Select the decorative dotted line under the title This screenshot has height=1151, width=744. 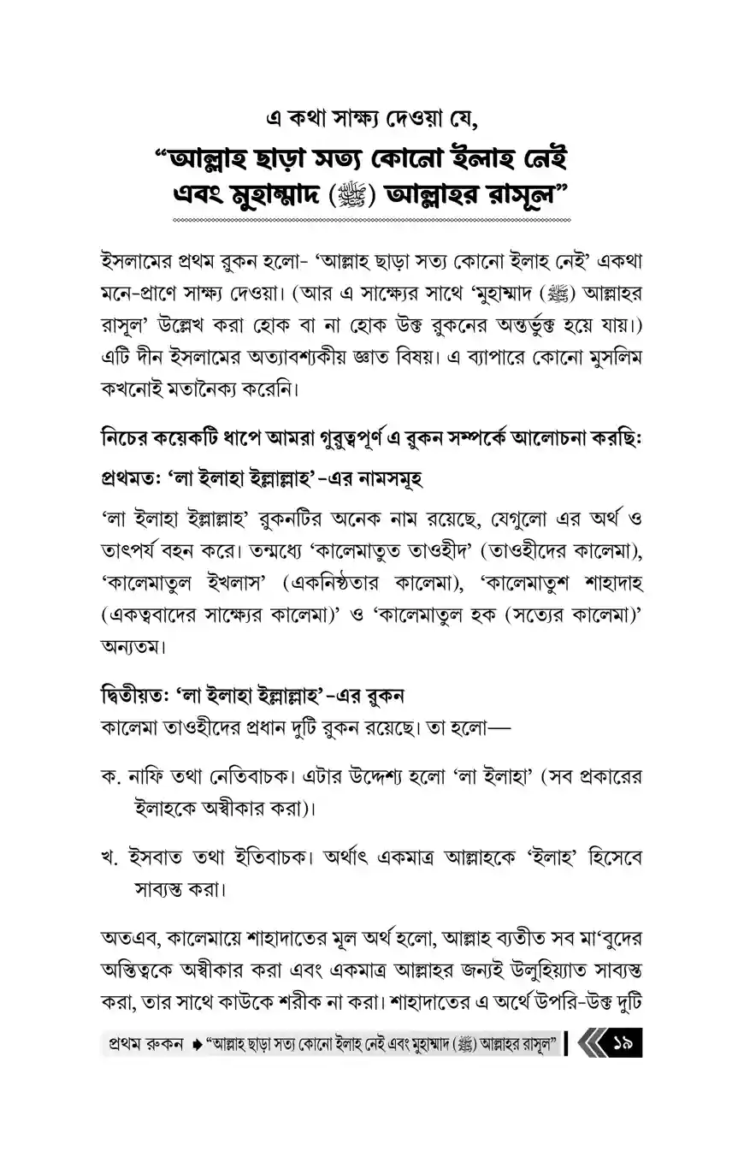371,221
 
